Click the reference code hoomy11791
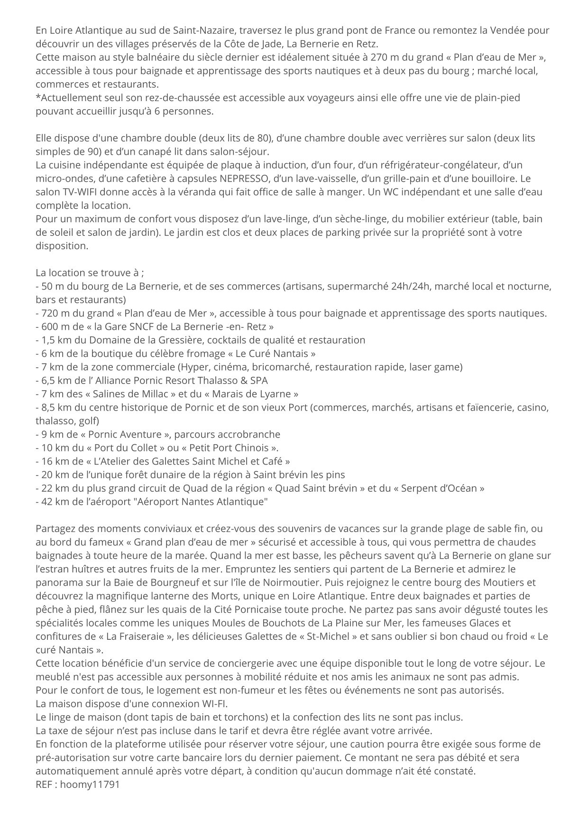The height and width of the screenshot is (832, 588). pos(90,785)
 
